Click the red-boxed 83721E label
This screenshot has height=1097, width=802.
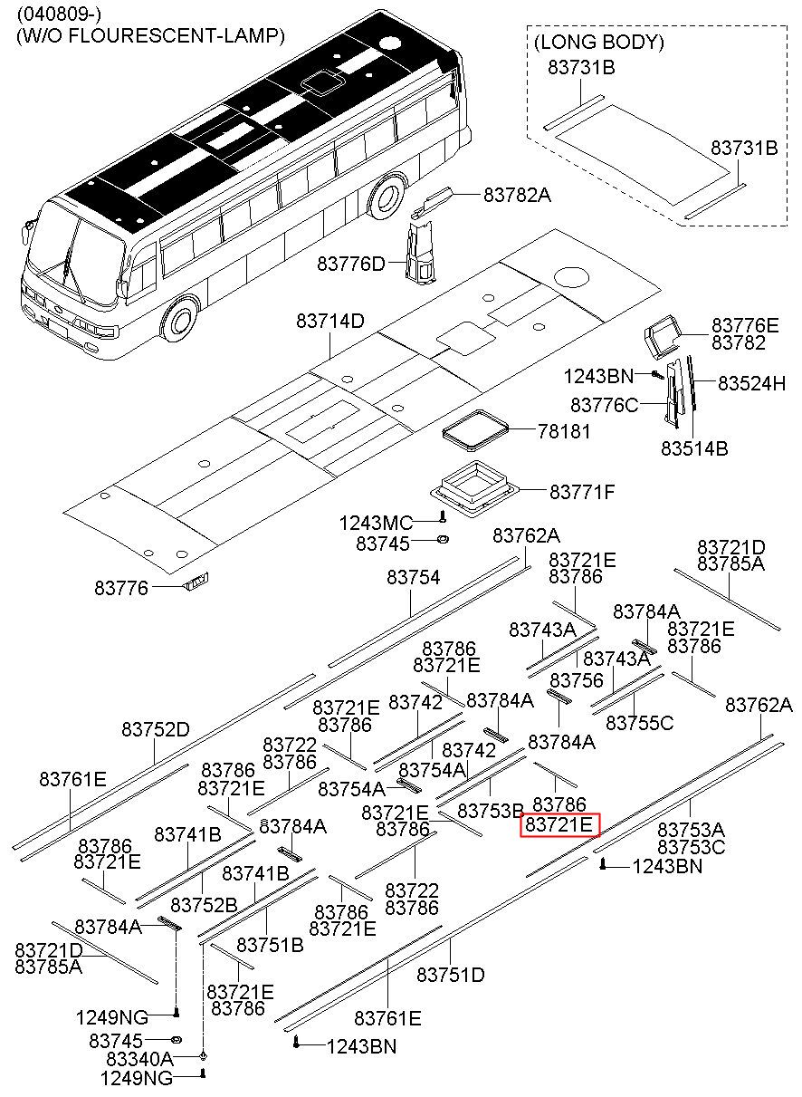pos(559,825)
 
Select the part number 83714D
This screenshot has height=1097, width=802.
pos(330,322)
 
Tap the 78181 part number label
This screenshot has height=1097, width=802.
pos(564,431)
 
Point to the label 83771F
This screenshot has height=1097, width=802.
pos(582,492)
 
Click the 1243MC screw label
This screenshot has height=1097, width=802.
pos(376,523)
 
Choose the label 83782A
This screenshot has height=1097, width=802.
pos(517,196)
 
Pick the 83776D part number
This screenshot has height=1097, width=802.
pos(351,264)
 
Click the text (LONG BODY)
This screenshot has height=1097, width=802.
pos(599,42)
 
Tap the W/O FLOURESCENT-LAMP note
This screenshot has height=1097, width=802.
pos(150,35)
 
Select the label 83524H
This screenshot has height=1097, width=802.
pos(751,383)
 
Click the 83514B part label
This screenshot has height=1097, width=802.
pos(694,448)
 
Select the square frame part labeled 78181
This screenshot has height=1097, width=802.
pos(474,431)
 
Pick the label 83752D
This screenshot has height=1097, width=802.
pos(156,730)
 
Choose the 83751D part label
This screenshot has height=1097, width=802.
pos(451,975)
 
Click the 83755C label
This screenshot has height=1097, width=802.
pos(640,723)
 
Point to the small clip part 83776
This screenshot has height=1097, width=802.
pos(196,582)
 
